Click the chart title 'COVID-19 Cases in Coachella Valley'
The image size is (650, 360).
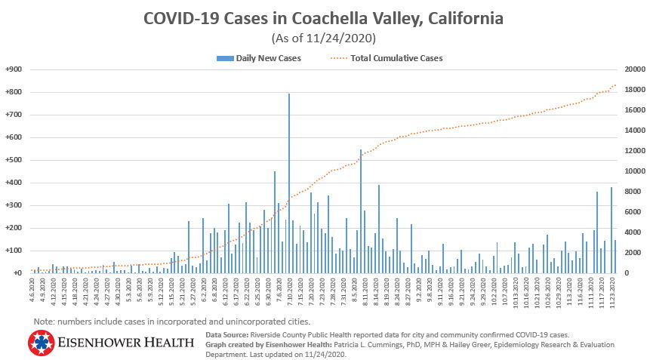[x=325, y=17]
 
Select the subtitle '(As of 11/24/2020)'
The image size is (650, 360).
[x=325, y=37]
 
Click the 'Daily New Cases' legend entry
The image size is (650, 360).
[x=264, y=58]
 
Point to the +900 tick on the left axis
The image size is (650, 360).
[x=13, y=69]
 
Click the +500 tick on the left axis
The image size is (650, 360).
[x=13, y=160]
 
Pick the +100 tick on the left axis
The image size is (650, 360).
[x=13, y=251]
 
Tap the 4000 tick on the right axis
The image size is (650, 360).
[x=631, y=232]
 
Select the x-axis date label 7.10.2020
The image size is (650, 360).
[x=289, y=289]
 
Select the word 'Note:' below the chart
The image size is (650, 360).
[x=45, y=322]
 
